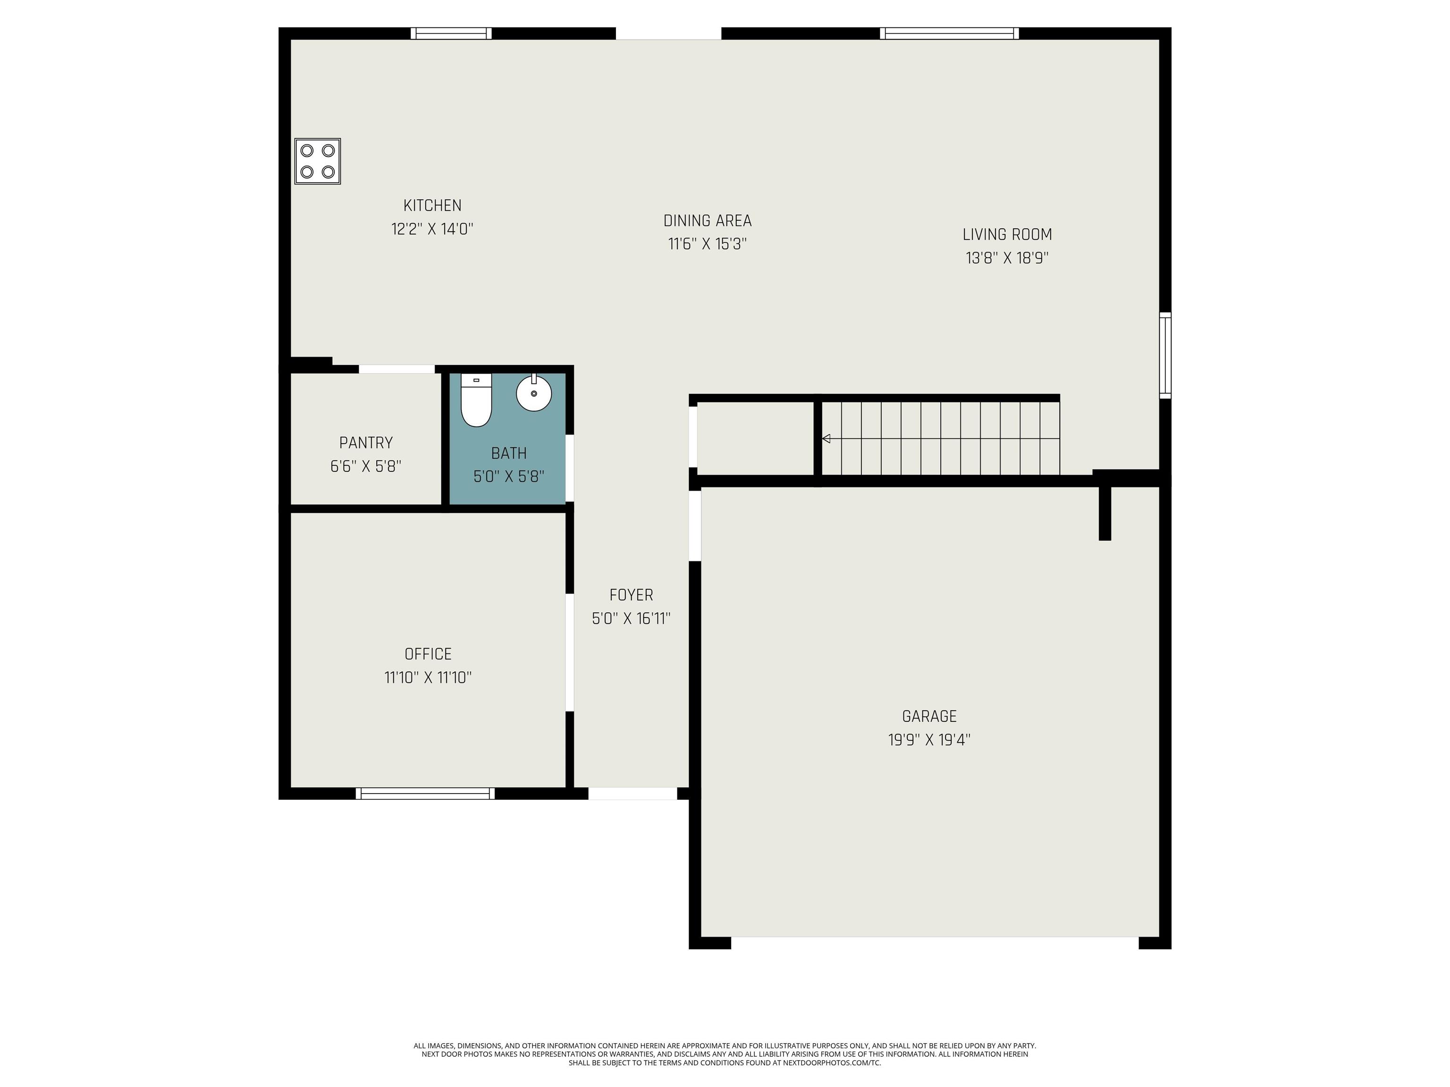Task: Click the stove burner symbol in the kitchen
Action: tap(317, 161)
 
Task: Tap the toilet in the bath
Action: tap(476, 400)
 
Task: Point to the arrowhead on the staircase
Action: tap(826, 438)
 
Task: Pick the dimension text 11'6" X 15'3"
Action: tap(708, 244)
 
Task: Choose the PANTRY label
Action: tap(366, 443)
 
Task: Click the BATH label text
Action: tap(509, 453)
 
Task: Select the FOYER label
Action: tap(631, 595)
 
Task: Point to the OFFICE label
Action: tap(428, 654)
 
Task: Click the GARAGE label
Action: tap(929, 716)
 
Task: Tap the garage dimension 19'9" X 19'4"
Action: tap(929, 740)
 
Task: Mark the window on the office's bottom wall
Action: tap(425, 794)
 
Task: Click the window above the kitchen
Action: tap(451, 33)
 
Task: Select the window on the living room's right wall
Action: tap(1165, 356)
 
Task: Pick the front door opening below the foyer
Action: tap(632, 794)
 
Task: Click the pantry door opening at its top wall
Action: tap(396, 369)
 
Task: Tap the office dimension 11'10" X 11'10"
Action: tap(428, 677)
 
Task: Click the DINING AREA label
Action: tap(708, 221)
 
